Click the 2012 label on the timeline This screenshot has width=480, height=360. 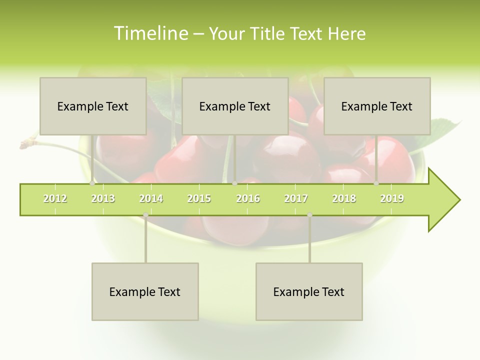tap(55, 199)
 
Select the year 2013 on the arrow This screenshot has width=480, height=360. tap(103, 199)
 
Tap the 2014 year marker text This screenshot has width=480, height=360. tap(151, 199)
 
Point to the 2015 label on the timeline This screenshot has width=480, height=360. tap(199, 199)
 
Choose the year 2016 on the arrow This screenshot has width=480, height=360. tap(248, 199)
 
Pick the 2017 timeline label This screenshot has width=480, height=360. tap(296, 199)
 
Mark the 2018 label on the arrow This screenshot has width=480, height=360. tap(344, 199)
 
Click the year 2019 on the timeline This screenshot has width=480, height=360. tap(392, 199)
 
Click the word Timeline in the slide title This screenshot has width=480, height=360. tap(150, 33)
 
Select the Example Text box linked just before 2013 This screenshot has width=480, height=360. tap(93, 106)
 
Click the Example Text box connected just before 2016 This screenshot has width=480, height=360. tap(235, 106)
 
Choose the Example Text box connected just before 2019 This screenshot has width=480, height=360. tap(377, 106)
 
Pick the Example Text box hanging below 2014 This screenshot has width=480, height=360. tap(145, 291)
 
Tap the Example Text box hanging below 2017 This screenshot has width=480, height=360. tap(309, 291)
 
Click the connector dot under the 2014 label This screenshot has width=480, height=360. tap(145, 215)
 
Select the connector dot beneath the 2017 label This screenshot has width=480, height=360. tap(309, 215)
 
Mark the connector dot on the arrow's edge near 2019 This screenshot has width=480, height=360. tap(376, 183)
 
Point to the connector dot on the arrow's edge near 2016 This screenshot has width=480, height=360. tap(234, 183)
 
